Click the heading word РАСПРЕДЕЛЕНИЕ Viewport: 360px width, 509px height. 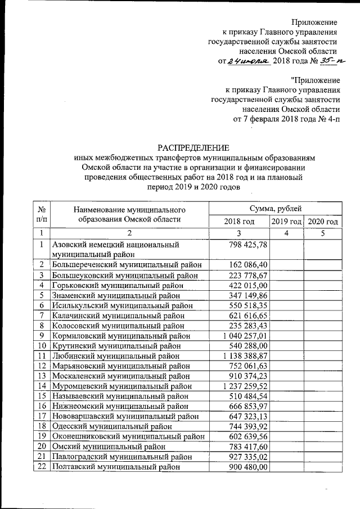(192, 148)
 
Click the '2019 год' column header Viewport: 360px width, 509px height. (286, 222)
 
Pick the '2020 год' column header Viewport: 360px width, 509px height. (323, 222)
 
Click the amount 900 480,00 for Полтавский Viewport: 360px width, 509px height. (250, 467)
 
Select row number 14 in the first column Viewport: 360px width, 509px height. (41, 386)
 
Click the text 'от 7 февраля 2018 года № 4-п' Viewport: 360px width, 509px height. (286, 119)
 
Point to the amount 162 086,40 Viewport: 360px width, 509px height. (250, 264)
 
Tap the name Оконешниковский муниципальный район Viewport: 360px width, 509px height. (128, 436)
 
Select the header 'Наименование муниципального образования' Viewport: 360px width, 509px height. (129, 214)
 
